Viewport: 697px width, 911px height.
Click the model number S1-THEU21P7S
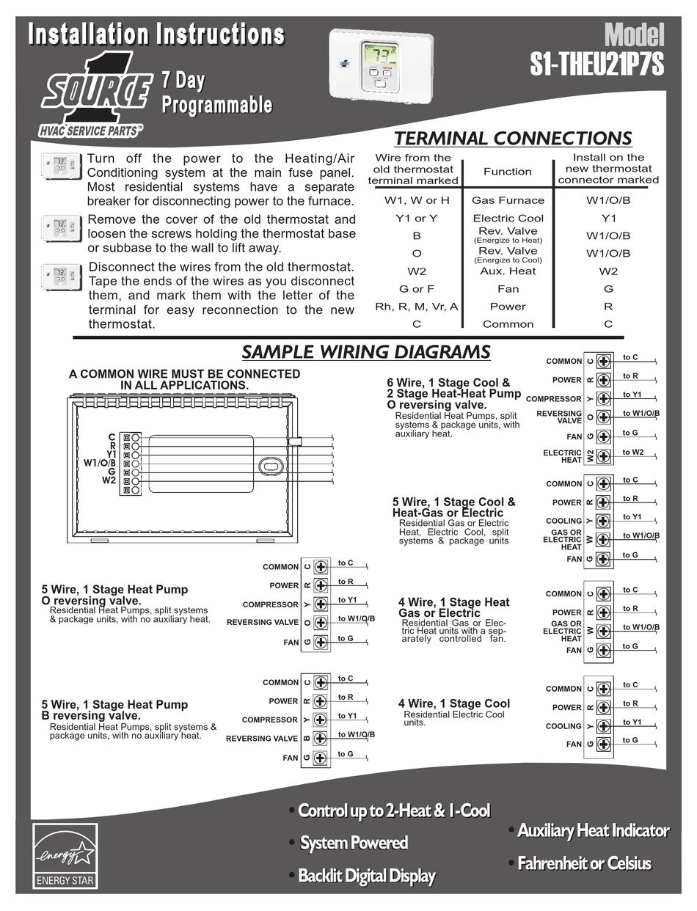pyautogui.click(x=596, y=64)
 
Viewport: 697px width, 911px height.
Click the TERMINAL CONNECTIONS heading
pyautogui.click(x=513, y=138)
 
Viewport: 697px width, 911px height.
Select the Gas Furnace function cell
pyautogui.click(x=508, y=200)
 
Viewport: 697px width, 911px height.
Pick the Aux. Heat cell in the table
pyautogui.click(x=508, y=271)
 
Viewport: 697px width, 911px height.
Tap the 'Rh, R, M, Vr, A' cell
pyautogui.click(x=417, y=307)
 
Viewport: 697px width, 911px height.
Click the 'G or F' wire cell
pyautogui.click(x=417, y=289)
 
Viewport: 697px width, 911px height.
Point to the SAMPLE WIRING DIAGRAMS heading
pyautogui.click(x=366, y=351)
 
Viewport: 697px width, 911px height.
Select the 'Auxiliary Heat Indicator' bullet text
pyautogui.click(x=594, y=831)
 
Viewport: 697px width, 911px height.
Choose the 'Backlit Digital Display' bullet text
pyautogui.click(x=367, y=876)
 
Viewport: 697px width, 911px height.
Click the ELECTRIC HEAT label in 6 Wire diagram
pyautogui.click(x=563, y=456)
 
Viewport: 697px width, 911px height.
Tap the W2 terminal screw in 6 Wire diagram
pyautogui.click(x=604, y=456)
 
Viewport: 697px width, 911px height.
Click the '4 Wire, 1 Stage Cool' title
pyautogui.click(x=454, y=703)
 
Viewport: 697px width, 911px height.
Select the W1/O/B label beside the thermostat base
pyautogui.click(x=100, y=463)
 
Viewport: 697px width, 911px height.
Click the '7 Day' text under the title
pyautogui.click(x=183, y=81)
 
